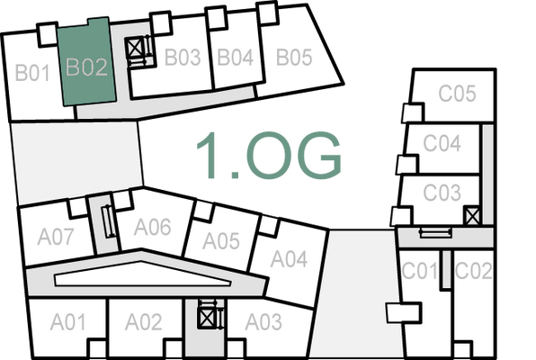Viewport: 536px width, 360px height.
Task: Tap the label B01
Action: pyautogui.click(x=31, y=72)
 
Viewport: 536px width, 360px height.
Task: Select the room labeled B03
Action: pyautogui.click(x=182, y=58)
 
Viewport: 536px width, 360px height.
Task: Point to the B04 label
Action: pyautogui.click(x=236, y=58)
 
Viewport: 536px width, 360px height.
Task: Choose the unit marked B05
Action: pyautogui.click(x=293, y=58)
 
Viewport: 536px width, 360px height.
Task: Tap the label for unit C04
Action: pyautogui.click(x=442, y=143)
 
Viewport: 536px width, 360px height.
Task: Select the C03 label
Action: pyautogui.click(x=442, y=192)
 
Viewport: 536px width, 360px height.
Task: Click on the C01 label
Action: pyautogui.click(x=419, y=270)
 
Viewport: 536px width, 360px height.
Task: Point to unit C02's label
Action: pyautogui.click(x=473, y=270)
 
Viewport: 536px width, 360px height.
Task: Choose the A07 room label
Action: pyautogui.click(x=56, y=238)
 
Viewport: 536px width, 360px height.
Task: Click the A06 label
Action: pyautogui.click(x=152, y=227)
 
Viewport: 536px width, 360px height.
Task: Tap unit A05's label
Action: pyautogui.click(x=220, y=241)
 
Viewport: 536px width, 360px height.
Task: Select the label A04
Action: pyautogui.click(x=290, y=259)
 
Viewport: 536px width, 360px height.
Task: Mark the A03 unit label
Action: pyautogui.click(x=264, y=321)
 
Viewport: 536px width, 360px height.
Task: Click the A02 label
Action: pyautogui.click(x=143, y=321)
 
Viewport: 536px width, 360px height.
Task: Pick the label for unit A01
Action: pyautogui.click(x=68, y=321)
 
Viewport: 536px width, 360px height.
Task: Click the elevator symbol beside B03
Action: pyautogui.click(x=137, y=47)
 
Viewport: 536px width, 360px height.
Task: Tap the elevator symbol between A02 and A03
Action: pyautogui.click(x=208, y=317)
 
